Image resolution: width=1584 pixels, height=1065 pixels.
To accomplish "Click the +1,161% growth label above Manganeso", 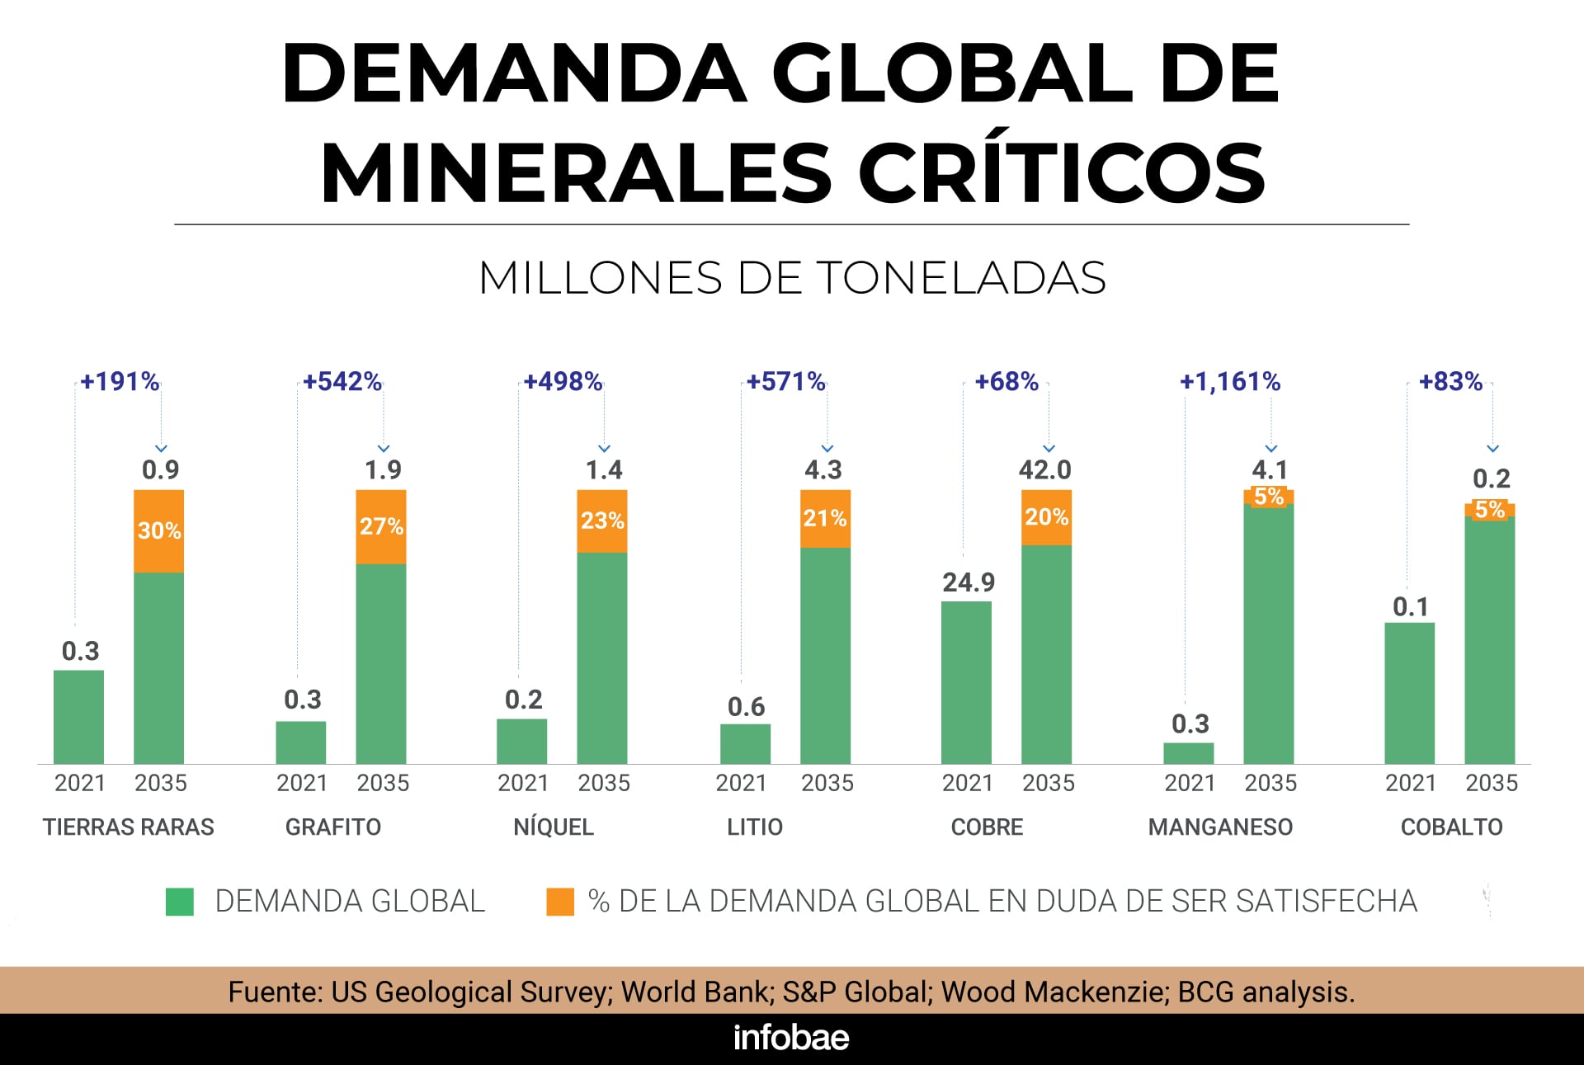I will (1229, 381).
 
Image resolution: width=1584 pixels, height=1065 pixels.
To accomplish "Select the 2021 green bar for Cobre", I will (966, 682).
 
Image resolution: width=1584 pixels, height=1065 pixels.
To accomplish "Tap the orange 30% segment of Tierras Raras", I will (159, 530).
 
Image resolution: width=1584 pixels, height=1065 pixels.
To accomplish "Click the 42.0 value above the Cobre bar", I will (1044, 469).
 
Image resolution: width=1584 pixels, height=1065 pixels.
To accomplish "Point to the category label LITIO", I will (754, 827).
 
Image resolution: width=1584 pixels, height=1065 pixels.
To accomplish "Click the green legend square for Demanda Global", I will (180, 902).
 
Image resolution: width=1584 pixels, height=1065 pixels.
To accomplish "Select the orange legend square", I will (560, 902).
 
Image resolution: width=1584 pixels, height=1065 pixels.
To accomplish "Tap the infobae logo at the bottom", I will (791, 1038).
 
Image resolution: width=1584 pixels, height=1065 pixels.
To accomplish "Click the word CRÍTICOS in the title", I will (1062, 173).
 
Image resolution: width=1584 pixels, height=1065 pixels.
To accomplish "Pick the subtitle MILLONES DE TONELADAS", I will (792, 277).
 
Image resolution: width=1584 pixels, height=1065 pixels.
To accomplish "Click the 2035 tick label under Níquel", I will (604, 783).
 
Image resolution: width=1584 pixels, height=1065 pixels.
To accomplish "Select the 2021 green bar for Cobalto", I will (1409, 693).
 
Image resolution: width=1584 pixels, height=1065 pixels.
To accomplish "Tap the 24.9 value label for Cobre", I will (969, 582).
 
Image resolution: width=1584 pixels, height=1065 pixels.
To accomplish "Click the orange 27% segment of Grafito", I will (381, 526).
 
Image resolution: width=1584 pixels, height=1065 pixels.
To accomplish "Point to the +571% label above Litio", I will (785, 381).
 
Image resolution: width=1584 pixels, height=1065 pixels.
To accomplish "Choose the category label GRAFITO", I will (333, 827).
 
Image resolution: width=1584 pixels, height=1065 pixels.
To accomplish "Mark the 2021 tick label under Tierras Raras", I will (80, 783).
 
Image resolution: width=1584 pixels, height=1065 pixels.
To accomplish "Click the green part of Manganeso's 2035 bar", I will (1269, 635).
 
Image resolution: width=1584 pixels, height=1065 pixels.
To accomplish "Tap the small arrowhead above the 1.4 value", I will (604, 449).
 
